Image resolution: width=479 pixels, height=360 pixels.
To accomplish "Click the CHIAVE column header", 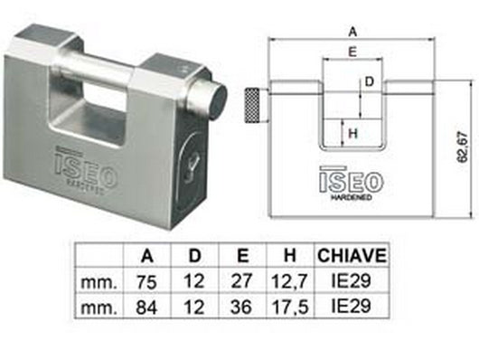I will point(352,254).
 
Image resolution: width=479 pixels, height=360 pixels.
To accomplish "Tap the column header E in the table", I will point(239,254).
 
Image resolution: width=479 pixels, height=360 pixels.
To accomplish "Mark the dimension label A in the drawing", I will point(352,29).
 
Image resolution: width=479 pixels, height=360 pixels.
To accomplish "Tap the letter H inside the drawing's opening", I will point(353,134).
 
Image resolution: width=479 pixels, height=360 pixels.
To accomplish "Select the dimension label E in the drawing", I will point(351,52).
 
